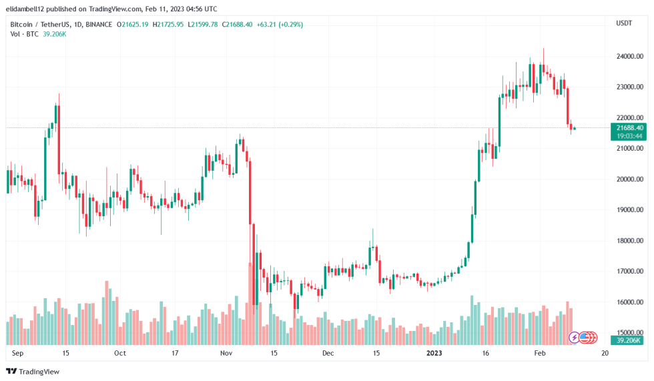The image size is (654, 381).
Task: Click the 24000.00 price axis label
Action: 629,57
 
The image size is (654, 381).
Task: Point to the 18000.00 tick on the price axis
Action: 629,241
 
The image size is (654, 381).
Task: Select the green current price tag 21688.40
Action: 629,127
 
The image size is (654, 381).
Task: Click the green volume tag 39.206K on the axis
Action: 629,340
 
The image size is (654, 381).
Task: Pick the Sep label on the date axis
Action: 18,354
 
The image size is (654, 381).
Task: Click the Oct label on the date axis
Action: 120,354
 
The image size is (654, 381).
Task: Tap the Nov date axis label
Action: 226,354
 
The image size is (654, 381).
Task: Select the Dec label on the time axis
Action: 328,354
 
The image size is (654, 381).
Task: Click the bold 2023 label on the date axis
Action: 434,354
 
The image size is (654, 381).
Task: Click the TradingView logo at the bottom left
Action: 33,371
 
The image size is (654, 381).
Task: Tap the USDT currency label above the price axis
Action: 623,23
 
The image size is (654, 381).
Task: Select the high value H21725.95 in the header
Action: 169,25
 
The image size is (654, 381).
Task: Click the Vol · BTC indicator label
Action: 23,34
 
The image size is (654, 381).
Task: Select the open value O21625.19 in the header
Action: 133,25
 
